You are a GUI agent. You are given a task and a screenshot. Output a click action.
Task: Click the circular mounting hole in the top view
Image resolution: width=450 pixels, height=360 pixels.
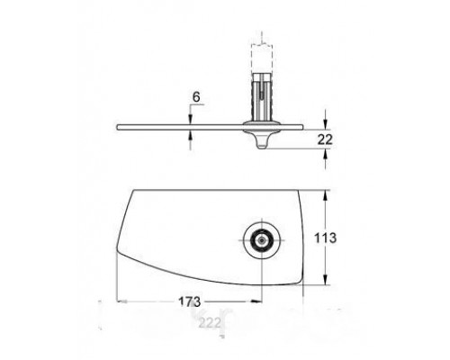[261, 240]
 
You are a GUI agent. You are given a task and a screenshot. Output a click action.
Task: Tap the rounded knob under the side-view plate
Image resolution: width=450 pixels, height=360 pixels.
[261, 139]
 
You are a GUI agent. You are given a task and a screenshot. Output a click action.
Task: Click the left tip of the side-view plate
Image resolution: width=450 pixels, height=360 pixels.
[118, 126]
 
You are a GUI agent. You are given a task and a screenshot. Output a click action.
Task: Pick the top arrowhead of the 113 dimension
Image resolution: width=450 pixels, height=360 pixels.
[323, 192]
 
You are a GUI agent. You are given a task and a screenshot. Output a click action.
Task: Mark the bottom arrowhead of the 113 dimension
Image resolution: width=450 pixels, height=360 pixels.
[323, 287]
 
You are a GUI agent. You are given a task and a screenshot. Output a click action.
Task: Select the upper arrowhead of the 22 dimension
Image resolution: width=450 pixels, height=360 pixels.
[323, 121]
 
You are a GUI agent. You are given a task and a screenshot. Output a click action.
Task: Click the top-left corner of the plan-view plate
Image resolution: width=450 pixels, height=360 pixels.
[134, 189]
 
